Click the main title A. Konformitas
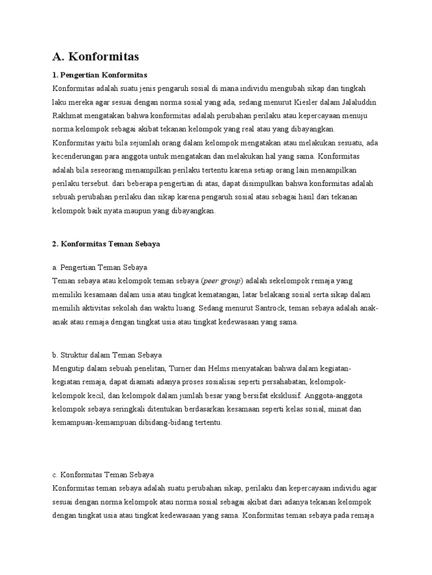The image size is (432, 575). click(x=96, y=57)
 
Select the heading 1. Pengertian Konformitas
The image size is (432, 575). click(x=100, y=75)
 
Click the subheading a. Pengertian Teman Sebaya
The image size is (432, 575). click(x=100, y=267)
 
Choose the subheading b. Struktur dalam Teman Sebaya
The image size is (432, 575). click(x=107, y=355)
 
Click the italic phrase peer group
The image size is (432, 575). click(x=223, y=281)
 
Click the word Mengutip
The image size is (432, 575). click(x=70, y=368)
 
